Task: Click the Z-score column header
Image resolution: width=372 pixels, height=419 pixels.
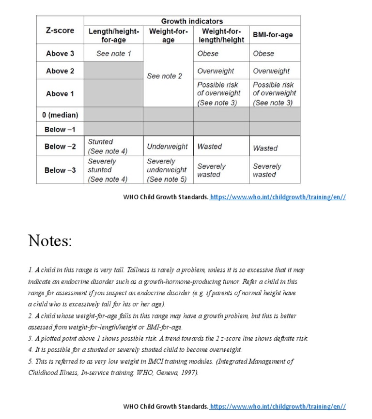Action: [x=60, y=30]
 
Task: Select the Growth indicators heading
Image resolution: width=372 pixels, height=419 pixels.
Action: [x=192, y=21]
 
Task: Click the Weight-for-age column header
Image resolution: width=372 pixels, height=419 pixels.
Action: [x=168, y=35]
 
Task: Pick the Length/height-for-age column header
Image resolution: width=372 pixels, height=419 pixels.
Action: [x=114, y=35]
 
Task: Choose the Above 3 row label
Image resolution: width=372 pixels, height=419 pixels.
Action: [x=60, y=54]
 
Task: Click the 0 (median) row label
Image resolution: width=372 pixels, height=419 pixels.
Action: [x=60, y=115]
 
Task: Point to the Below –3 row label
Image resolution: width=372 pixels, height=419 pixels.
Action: [x=60, y=170]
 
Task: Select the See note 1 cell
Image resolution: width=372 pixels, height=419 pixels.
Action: [x=114, y=54]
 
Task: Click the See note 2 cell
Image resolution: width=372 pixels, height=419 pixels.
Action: [x=165, y=76]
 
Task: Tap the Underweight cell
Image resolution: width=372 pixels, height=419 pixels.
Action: [x=167, y=147]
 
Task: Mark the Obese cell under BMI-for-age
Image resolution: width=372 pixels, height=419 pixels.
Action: [x=263, y=54]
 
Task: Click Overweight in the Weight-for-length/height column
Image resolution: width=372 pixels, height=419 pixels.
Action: [x=216, y=71]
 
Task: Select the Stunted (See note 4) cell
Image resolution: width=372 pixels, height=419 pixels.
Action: [x=108, y=147]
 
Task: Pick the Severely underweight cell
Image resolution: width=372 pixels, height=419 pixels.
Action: [x=167, y=170]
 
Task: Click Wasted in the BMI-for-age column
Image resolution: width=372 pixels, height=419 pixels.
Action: [x=265, y=148]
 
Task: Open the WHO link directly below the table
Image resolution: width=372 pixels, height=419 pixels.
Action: [x=278, y=197]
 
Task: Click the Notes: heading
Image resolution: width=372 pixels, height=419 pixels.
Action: [x=50, y=240]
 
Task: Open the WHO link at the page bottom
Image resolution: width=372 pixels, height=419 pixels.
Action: [x=278, y=406]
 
